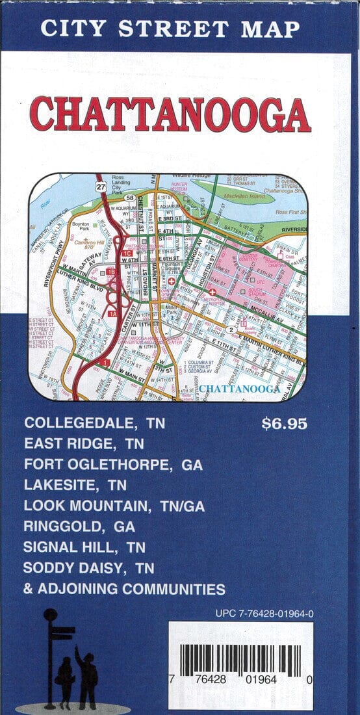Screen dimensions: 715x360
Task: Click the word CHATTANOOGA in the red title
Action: (170, 115)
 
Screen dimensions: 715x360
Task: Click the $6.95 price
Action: (284, 424)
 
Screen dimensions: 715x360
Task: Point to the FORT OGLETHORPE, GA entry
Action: (113, 465)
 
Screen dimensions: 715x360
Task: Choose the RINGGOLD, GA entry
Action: (79, 526)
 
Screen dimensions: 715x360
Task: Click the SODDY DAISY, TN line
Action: (88, 567)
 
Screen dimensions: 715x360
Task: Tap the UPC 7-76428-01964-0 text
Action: (264, 613)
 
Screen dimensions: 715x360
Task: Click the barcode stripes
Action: (240, 660)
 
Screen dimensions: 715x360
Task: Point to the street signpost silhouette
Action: (51, 656)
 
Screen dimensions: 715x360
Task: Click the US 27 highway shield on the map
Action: (101, 187)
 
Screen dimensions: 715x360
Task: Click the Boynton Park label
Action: (79, 226)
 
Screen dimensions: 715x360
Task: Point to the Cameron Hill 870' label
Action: (90, 243)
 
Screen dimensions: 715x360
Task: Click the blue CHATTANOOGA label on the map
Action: (238, 389)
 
